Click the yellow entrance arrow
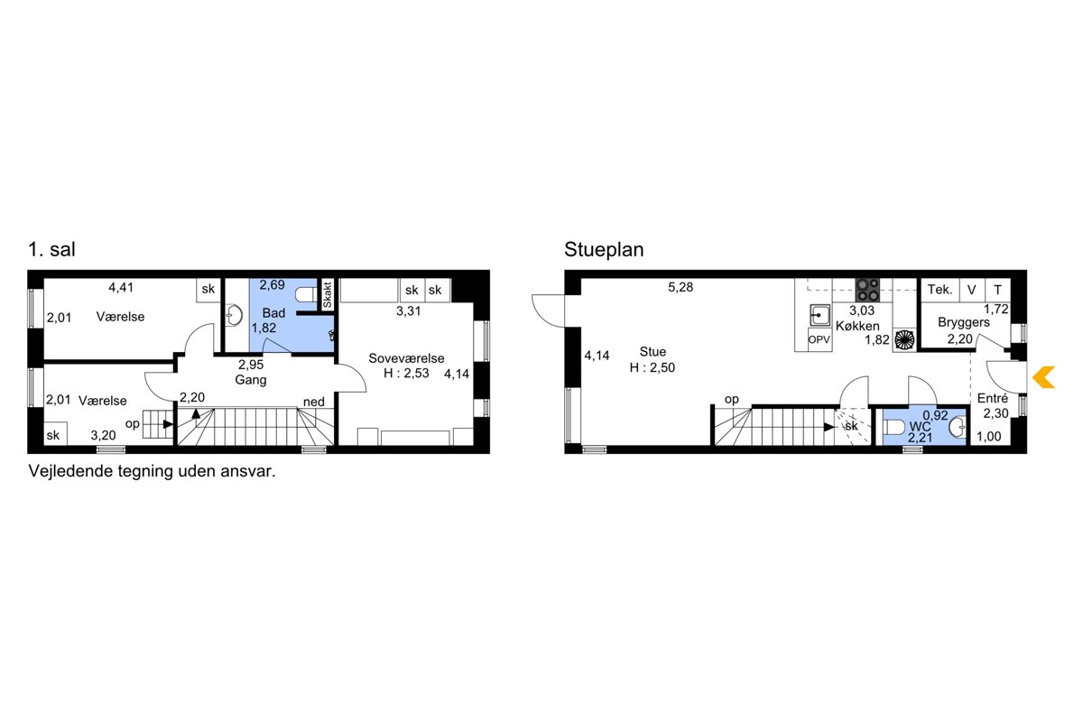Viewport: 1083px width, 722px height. click(1043, 377)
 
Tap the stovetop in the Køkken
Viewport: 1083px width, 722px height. click(867, 290)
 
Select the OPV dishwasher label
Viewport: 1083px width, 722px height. click(819, 340)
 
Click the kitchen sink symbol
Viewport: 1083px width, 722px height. click(820, 315)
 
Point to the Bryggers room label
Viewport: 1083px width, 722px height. click(964, 322)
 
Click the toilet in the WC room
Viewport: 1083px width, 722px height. click(894, 428)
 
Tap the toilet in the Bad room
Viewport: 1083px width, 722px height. click(306, 294)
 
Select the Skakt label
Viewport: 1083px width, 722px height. click(328, 295)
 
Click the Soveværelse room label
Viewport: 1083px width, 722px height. click(406, 358)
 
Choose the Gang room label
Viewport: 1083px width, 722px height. click(251, 380)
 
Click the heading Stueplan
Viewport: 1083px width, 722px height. click(604, 250)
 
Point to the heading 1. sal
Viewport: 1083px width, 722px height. click(51, 249)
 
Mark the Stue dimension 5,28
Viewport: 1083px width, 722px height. click(680, 287)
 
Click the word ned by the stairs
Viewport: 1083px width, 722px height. click(314, 402)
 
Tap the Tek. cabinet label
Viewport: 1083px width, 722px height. click(940, 290)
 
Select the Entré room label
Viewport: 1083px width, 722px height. click(993, 399)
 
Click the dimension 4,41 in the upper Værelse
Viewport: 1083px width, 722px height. click(121, 288)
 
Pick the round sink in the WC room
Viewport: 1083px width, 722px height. click(958, 428)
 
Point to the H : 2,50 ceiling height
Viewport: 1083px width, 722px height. click(653, 367)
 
